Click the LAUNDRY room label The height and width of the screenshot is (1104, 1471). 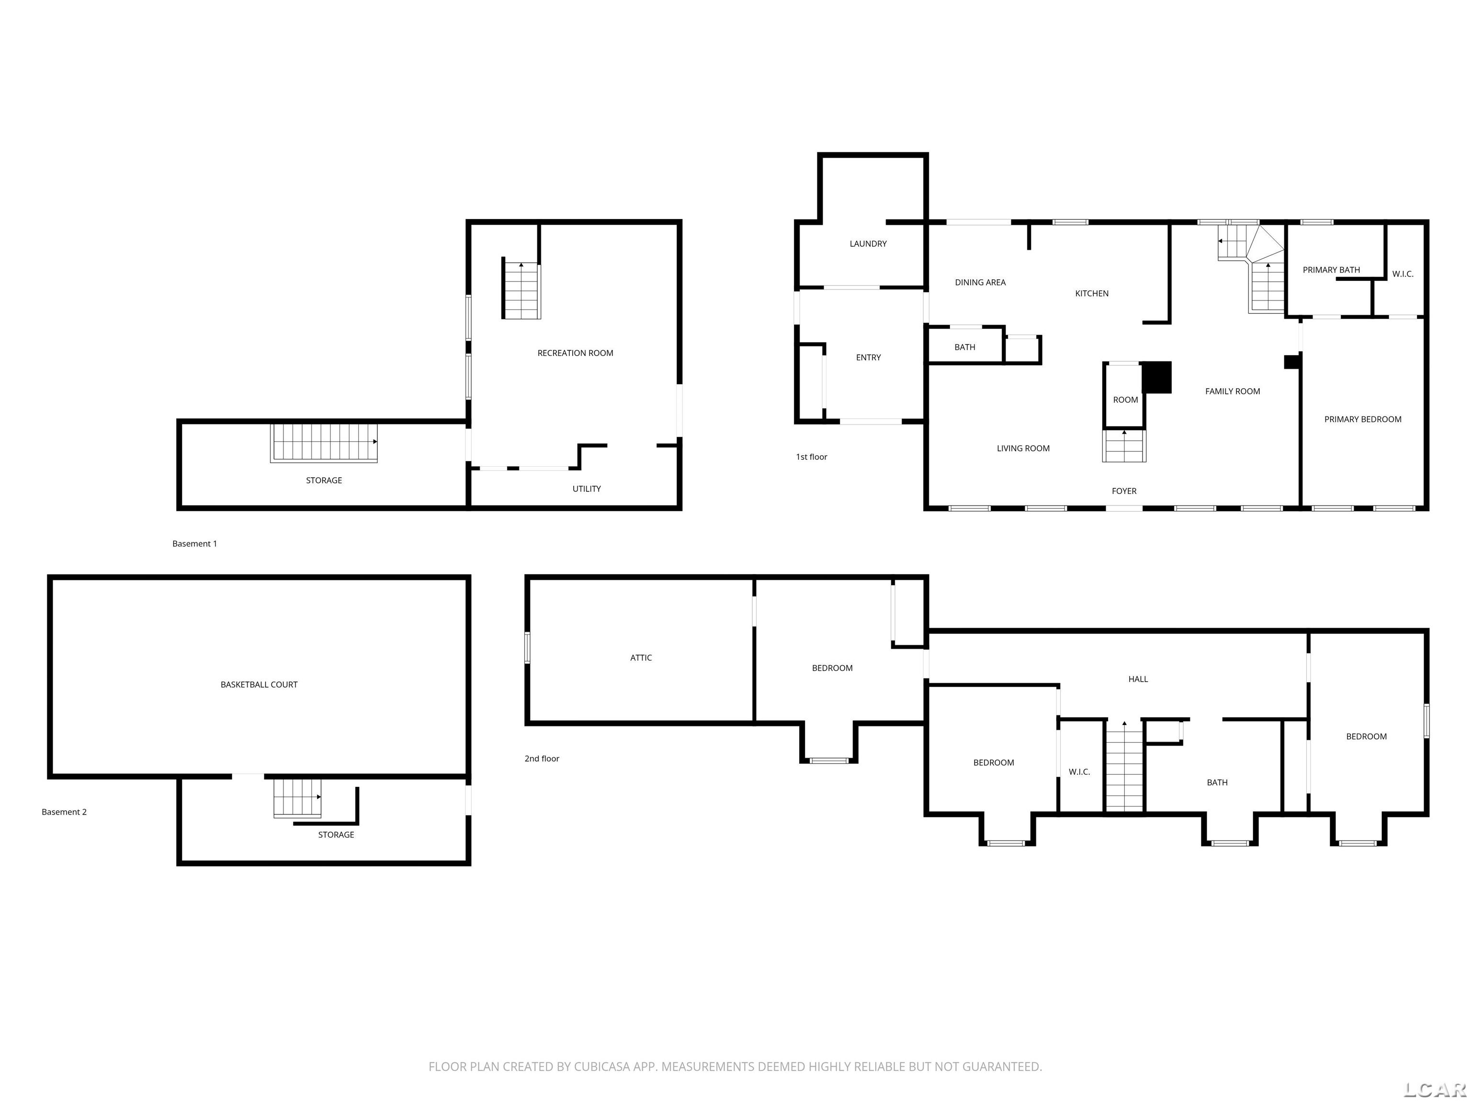pyautogui.click(x=868, y=243)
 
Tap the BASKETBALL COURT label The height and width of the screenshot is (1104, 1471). pyautogui.click(x=259, y=684)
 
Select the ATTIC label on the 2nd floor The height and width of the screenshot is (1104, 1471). pyautogui.click(x=641, y=657)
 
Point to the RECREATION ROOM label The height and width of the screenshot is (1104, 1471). pyautogui.click(x=575, y=353)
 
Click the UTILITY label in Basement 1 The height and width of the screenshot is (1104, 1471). pyautogui.click(x=587, y=488)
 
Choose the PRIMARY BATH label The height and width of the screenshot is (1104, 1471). pyautogui.click(x=1331, y=269)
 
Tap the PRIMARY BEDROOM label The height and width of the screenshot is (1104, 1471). pyautogui.click(x=1363, y=419)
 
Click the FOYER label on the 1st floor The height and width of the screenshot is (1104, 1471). pyautogui.click(x=1124, y=491)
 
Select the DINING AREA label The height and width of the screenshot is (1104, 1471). pyautogui.click(x=980, y=282)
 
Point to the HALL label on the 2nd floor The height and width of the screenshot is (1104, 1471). pyautogui.click(x=1138, y=679)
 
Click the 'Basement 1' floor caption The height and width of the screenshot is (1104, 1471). pyautogui.click(x=195, y=544)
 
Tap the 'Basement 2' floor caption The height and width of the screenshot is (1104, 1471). pyautogui.click(x=65, y=812)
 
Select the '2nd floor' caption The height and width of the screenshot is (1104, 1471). pyautogui.click(x=542, y=759)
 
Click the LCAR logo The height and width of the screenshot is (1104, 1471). pyautogui.click(x=1435, y=1089)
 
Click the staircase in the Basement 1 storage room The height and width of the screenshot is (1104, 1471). pyautogui.click(x=324, y=443)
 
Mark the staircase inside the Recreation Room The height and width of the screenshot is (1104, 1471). pyautogui.click(x=521, y=290)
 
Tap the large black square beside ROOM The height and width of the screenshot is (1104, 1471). pyautogui.click(x=1156, y=377)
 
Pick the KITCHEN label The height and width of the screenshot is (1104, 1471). pyautogui.click(x=1092, y=293)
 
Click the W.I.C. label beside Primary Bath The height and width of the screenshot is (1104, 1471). pyautogui.click(x=1403, y=274)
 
